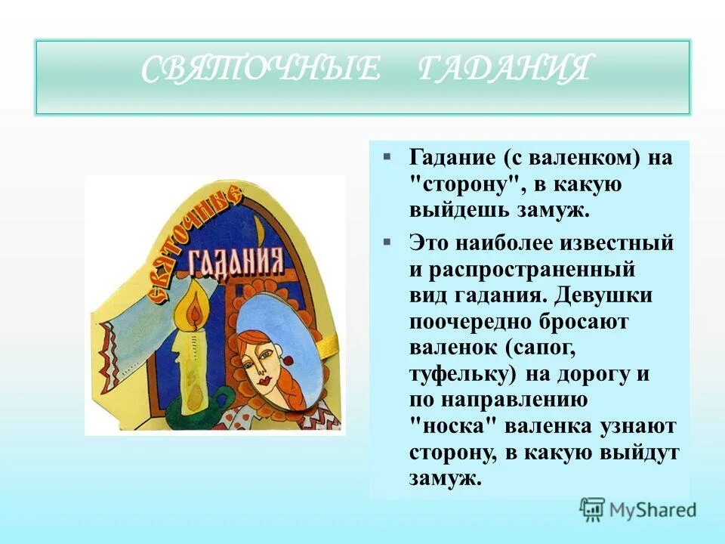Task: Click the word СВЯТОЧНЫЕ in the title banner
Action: point(261,70)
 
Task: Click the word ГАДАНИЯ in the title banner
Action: point(503,70)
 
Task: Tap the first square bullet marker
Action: point(387,156)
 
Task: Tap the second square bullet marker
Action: point(387,242)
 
